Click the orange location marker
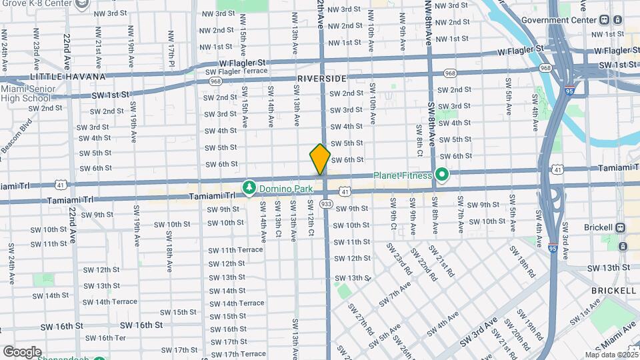320,159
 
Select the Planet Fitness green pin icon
441,175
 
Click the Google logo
22,351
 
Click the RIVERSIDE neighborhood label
322,79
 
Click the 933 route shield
327,203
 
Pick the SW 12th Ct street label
311,217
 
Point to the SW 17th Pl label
171,44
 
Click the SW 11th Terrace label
236,250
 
